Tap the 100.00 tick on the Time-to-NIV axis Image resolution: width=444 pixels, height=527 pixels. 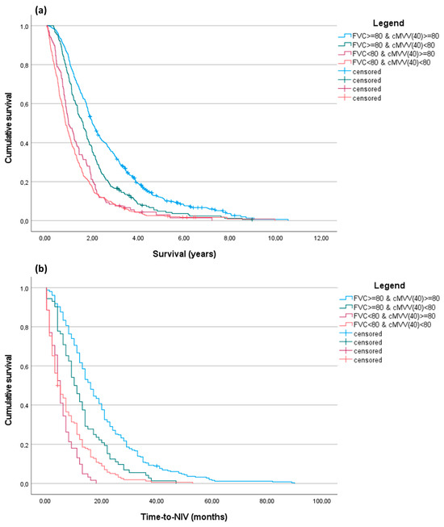323,500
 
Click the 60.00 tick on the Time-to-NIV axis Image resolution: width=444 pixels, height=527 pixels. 212,500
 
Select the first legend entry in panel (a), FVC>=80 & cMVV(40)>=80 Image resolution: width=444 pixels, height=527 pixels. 392,36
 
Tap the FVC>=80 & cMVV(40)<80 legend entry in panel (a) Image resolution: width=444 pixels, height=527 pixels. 392,46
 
